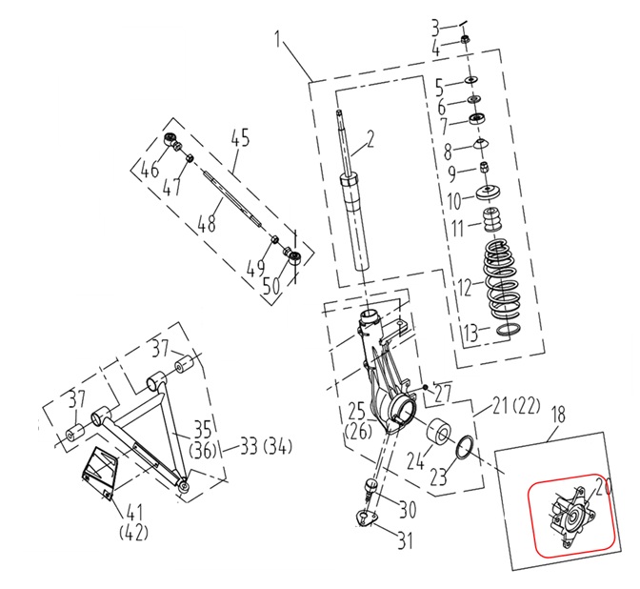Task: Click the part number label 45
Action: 239,139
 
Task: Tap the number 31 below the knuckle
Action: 407,542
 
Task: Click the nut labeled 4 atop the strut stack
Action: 465,40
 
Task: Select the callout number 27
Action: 440,391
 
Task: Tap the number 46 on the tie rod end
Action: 150,172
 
